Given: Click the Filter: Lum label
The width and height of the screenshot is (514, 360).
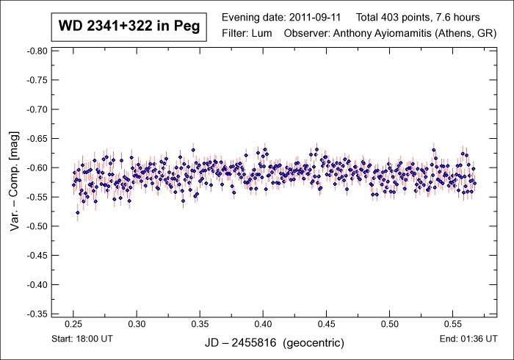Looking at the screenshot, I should tap(247, 33).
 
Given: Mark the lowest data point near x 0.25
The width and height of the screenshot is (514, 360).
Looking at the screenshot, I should tap(78, 213).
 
